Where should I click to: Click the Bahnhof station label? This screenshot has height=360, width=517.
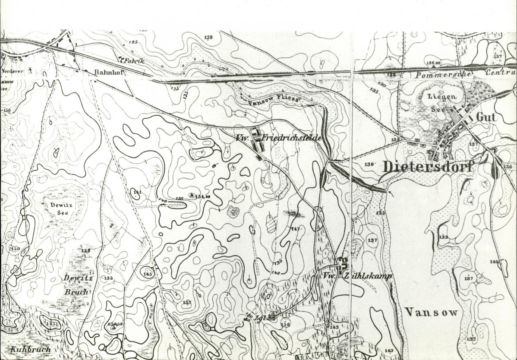109,73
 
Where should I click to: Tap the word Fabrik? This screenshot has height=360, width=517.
133,61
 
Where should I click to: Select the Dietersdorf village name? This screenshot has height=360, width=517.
428,167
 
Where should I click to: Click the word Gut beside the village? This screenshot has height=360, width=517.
486,117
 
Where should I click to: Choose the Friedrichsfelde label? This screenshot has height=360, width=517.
291,138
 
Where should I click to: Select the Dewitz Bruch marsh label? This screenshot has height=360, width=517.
76,284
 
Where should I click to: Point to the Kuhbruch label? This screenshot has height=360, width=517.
31,349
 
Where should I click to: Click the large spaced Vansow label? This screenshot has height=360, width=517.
431,313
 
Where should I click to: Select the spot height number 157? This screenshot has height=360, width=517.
186,303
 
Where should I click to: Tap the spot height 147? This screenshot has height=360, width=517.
295,228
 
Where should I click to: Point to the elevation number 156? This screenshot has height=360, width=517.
285,324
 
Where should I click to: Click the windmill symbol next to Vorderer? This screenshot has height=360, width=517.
30,69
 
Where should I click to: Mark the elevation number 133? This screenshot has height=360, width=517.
443,237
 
